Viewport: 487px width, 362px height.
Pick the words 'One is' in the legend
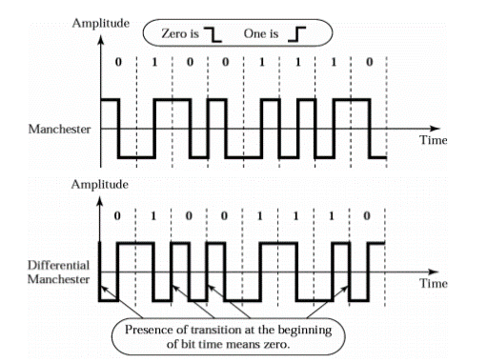coord(260,32)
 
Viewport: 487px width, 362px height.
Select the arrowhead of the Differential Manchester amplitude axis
coord(99,196)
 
